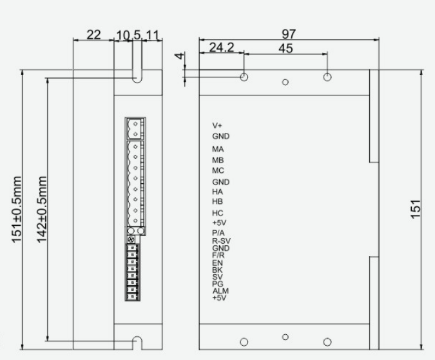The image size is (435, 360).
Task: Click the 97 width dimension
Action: tap(289, 33)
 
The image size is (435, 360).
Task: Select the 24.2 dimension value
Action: tap(221, 48)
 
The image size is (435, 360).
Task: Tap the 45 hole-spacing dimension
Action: tap(286, 48)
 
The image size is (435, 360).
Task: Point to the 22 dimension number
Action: tap(94, 35)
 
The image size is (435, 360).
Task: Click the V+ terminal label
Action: tap(217, 125)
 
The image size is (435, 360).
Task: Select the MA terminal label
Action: tap(218, 150)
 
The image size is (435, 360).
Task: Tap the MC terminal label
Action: tap(218, 170)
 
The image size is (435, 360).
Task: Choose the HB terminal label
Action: tap(218, 201)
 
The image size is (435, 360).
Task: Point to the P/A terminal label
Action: tap(218, 234)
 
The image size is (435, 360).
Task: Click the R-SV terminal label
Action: tap(221, 241)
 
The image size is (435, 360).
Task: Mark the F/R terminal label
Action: tap(218, 255)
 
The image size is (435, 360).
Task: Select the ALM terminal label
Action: tap(220, 291)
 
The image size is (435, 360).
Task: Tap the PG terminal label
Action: tap(217, 284)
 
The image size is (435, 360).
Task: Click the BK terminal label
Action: tap(217, 270)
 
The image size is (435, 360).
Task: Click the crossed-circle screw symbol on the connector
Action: tap(132, 239)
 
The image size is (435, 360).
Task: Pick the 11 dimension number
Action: tap(153, 35)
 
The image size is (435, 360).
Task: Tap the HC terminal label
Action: tap(218, 213)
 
